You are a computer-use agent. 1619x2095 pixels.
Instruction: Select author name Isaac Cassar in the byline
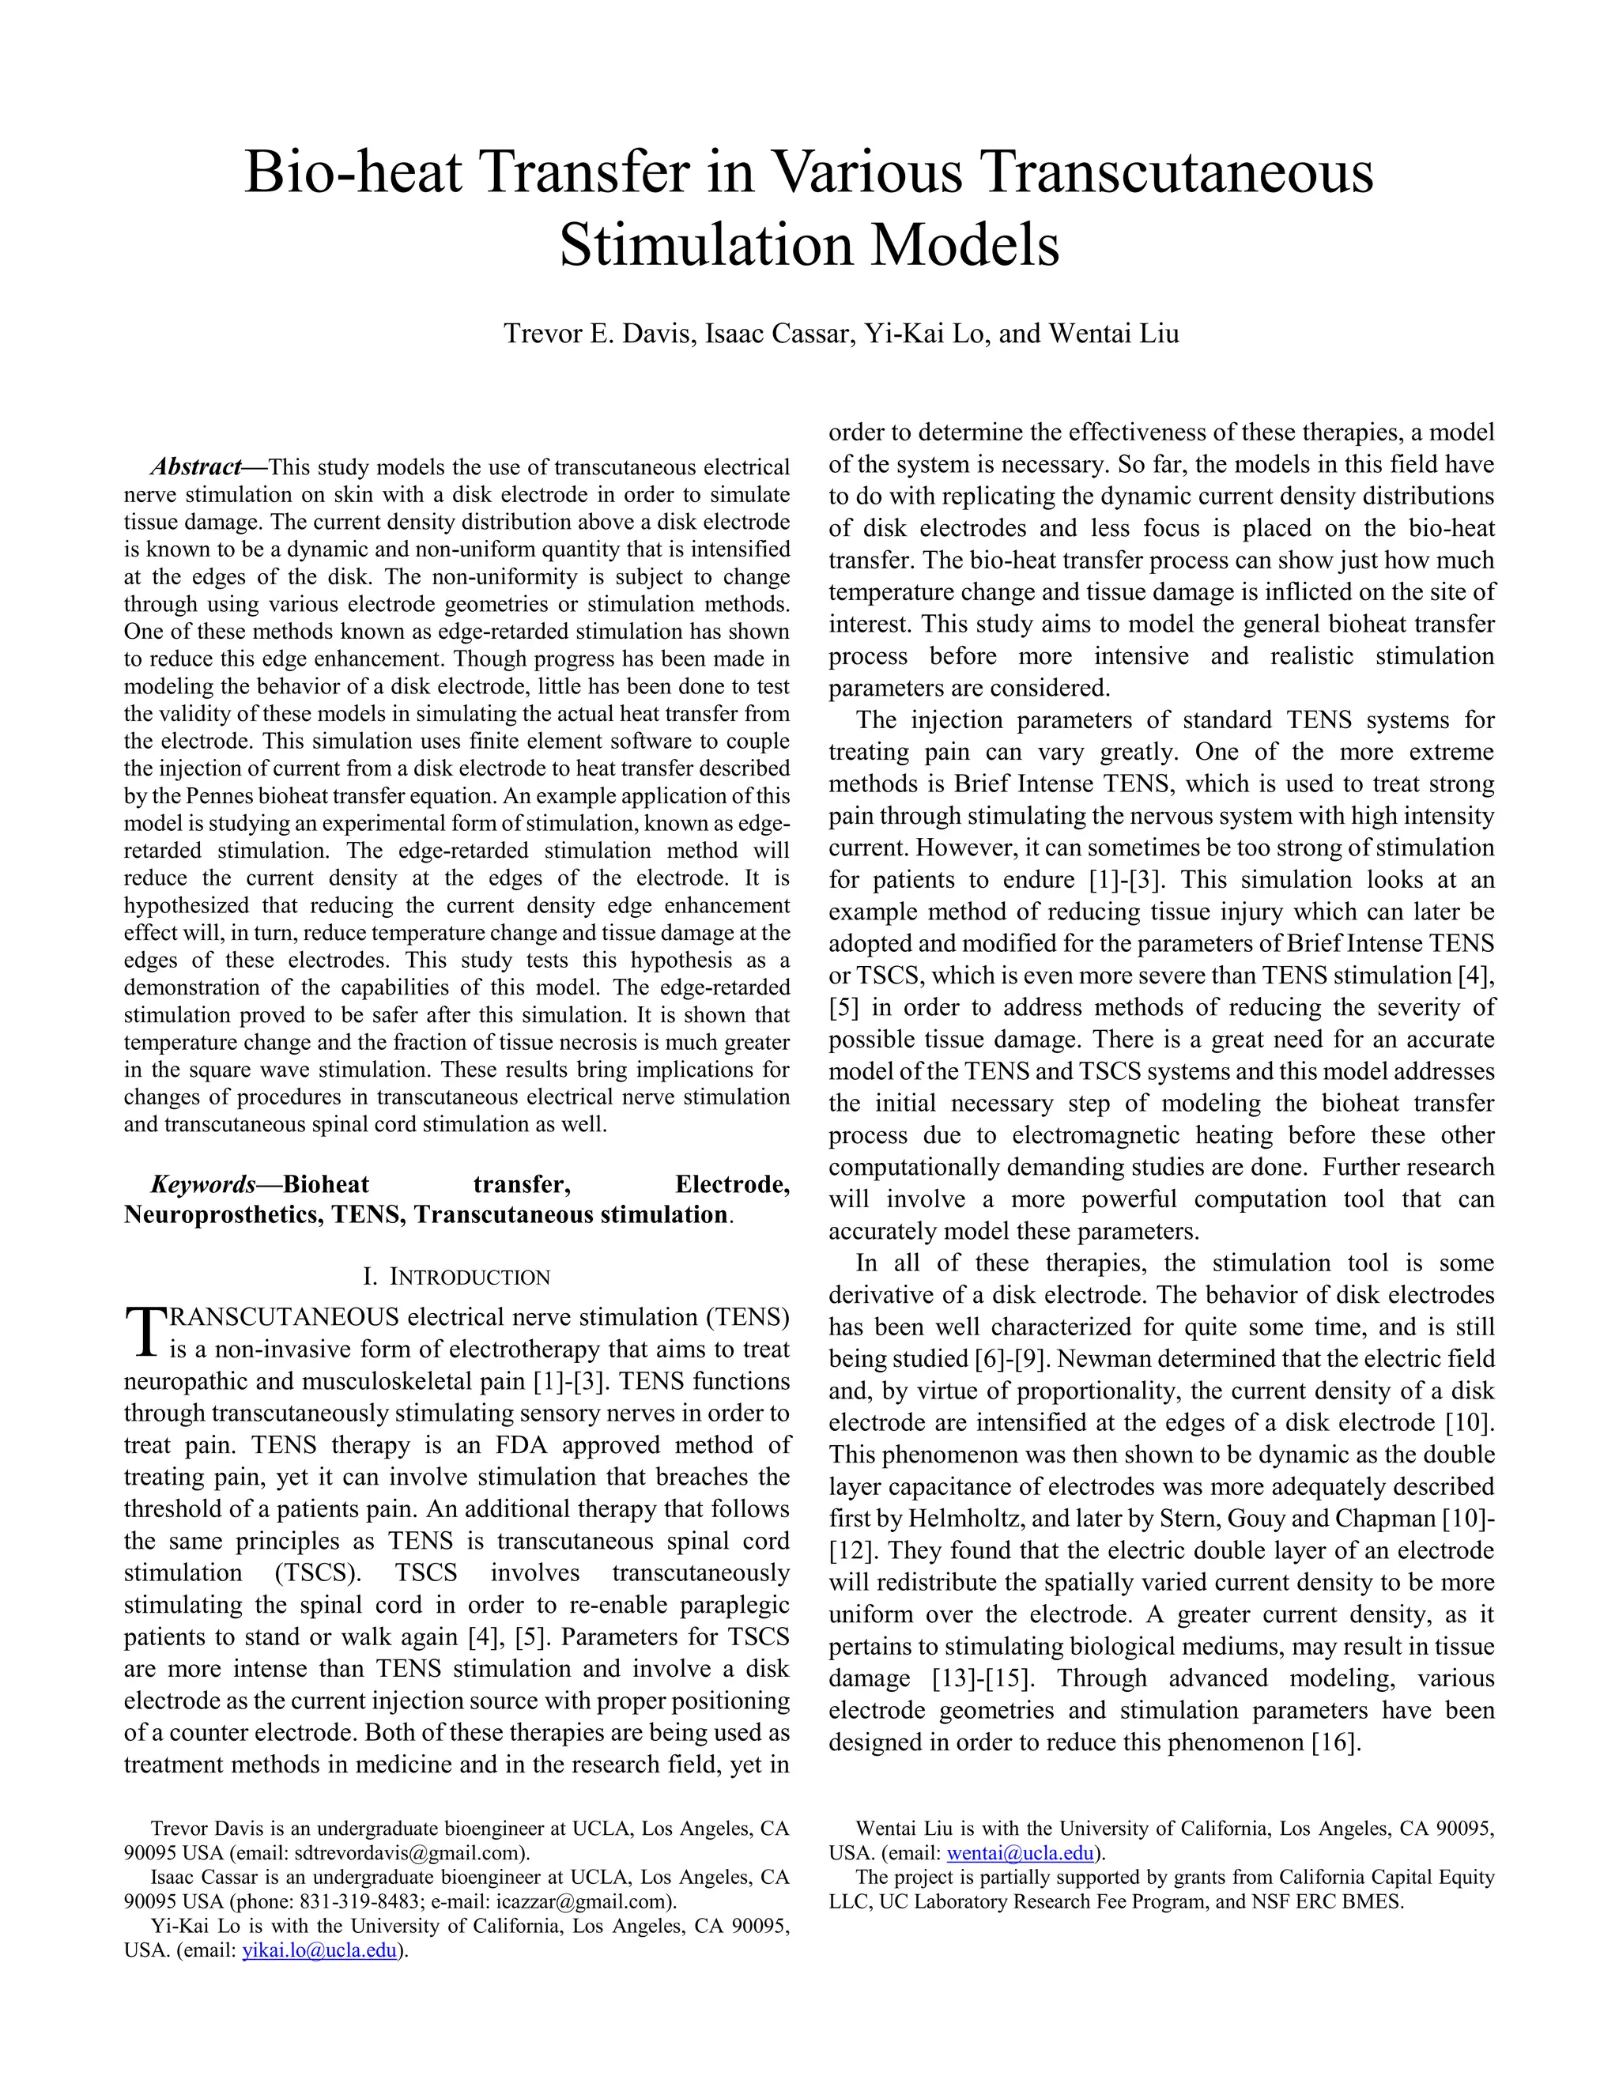(778, 334)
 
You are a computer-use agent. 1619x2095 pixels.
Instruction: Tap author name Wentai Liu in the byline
(1114, 334)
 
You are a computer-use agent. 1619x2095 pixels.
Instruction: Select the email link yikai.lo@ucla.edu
(319, 1951)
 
